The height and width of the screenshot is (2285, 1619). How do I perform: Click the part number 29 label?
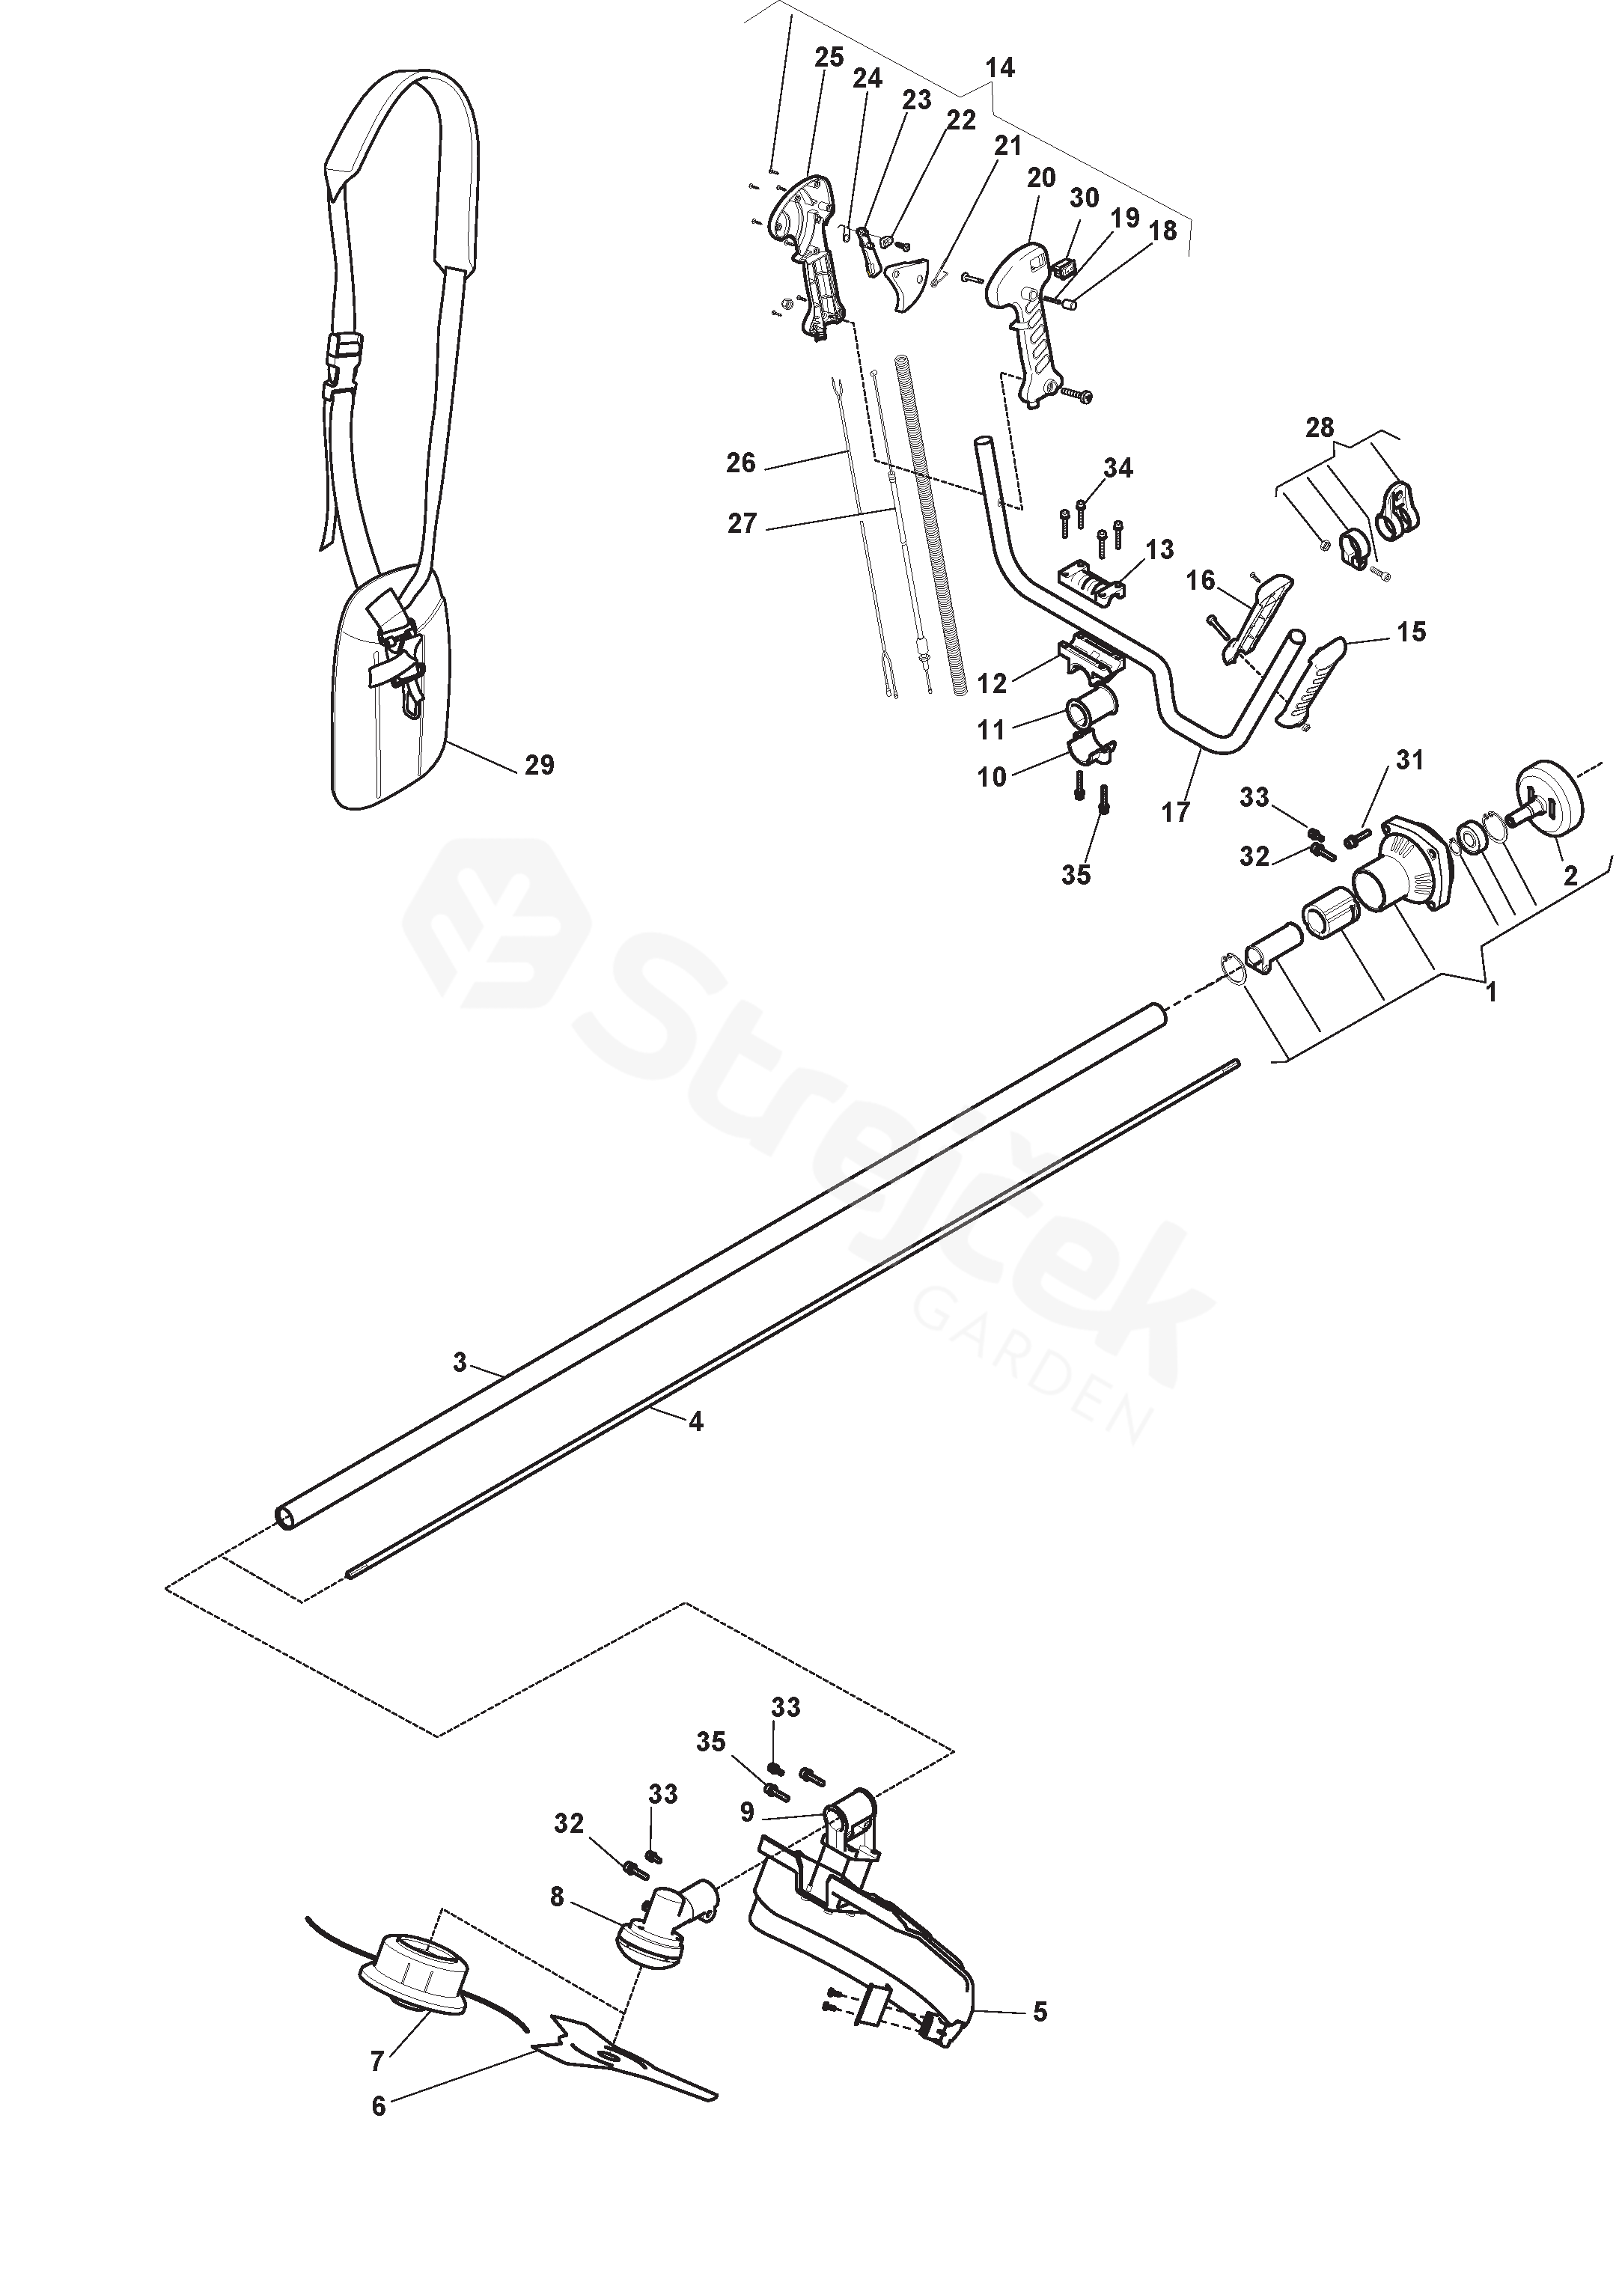pos(540,766)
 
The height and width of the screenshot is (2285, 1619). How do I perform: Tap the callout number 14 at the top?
pos(999,68)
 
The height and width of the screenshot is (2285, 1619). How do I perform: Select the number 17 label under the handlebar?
pos(1177,813)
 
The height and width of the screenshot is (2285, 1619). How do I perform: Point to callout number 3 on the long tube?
pos(460,1363)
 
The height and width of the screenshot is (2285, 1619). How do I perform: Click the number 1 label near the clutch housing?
pos(1492,993)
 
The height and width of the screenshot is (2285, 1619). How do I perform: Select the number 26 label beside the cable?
pos(742,463)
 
